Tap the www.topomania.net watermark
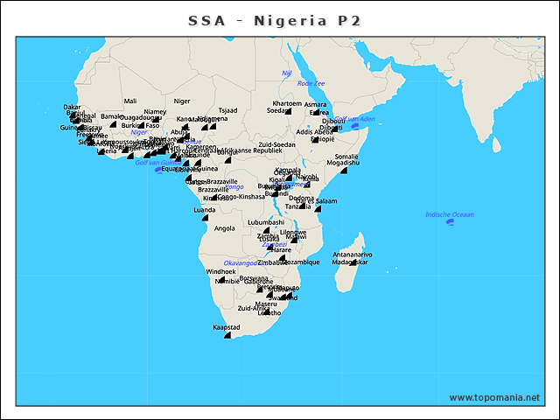pyautogui.click(x=494, y=397)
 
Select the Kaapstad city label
pyautogui.click(x=227, y=327)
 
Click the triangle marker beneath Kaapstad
pyautogui.click(x=227, y=335)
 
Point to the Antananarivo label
pyautogui.click(x=353, y=255)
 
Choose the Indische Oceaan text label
pyautogui.click(x=449, y=214)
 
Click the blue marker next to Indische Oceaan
pyautogui.click(x=449, y=222)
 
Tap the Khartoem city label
pyautogui.click(x=287, y=103)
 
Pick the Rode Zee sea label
pyautogui.click(x=311, y=83)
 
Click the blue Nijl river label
pyautogui.click(x=286, y=73)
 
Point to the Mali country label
pyautogui.click(x=130, y=101)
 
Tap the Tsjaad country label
pyautogui.click(x=227, y=110)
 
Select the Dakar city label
pyautogui.click(x=73, y=107)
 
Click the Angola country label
pyautogui.click(x=225, y=228)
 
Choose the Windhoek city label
pyautogui.click(x=220, y=272)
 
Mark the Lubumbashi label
pyautogui.click(x=266, y=222)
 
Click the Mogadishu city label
pyautogui.click(x=343, y=163)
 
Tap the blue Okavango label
pyautogui.click(x=241, y=262)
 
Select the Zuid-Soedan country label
pyautogui.click(x=277, y=144)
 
